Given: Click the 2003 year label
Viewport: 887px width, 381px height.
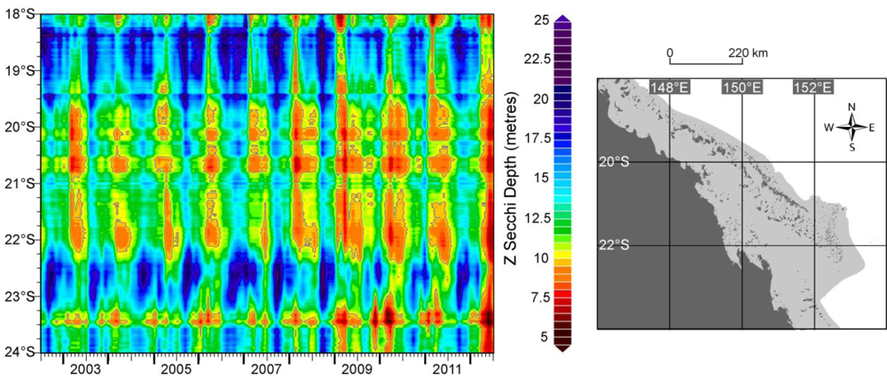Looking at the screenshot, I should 85,368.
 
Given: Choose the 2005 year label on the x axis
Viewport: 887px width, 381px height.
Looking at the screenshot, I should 176,368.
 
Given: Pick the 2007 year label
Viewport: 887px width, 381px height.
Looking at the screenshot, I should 266,368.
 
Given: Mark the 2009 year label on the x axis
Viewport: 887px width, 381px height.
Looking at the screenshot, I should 357,368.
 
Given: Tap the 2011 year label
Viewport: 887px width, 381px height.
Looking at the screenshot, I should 446,368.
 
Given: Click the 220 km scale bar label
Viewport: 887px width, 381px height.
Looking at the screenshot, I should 748,53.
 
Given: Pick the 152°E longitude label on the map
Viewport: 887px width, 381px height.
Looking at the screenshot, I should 813,87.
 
